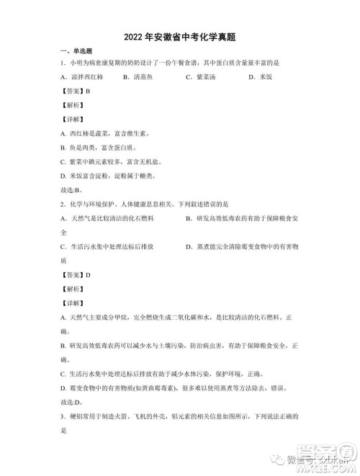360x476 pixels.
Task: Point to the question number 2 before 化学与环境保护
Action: coord(63,205)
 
